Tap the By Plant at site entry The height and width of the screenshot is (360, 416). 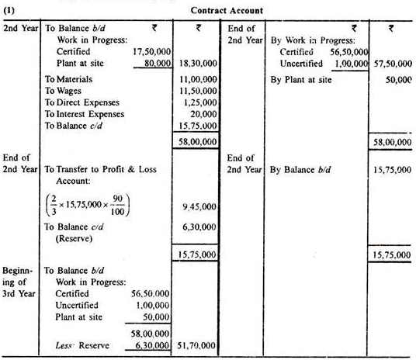[x=303, y=79]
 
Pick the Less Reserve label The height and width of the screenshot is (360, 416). [x=82, y=345]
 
